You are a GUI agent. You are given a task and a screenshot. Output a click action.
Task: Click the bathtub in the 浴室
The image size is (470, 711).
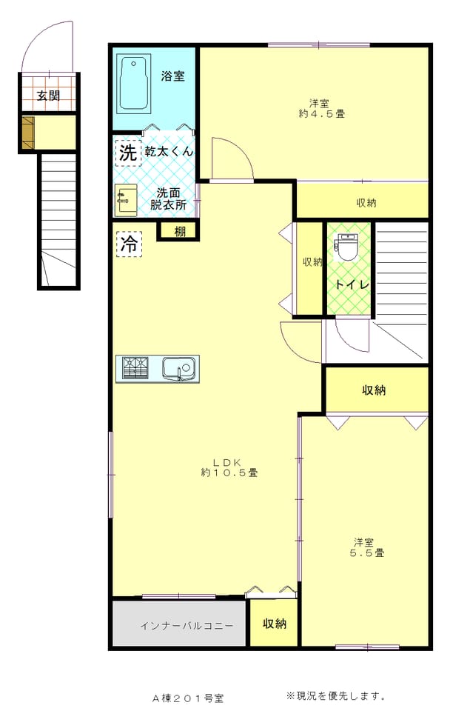point(134,84)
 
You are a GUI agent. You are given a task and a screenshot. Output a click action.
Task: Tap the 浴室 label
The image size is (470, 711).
point(172,76)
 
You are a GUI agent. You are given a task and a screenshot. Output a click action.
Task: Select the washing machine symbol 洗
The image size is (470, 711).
point(128,153)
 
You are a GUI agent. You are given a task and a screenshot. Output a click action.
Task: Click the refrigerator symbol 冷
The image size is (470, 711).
point(130,244)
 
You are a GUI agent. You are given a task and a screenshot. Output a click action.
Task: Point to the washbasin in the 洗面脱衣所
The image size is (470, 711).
point(126,199)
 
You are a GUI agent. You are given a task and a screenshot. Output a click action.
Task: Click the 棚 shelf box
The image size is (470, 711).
point(178,232)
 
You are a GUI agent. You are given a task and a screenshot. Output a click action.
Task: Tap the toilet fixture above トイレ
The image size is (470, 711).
point(346,247)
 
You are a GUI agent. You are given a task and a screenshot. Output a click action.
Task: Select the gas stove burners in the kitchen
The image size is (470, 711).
point(135,368)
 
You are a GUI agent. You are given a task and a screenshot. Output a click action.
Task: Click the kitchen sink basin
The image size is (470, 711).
point(179,368)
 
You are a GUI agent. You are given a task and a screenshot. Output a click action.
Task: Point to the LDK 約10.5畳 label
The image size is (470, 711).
point(229,467)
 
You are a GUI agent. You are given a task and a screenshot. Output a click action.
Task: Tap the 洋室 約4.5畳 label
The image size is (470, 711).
point(321,109)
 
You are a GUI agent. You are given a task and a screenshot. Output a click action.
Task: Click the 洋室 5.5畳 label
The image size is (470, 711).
point(366,547)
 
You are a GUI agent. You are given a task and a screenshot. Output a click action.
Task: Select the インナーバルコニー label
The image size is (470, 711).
point(187,627)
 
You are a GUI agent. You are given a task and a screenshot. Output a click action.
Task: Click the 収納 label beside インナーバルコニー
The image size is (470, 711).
point(275,624)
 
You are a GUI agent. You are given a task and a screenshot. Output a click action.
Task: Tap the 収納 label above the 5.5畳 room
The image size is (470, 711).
point(374,390)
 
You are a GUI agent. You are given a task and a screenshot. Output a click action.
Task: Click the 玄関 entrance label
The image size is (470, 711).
point(49,96)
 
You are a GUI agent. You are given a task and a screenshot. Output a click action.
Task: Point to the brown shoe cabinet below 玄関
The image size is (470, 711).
point(28,133)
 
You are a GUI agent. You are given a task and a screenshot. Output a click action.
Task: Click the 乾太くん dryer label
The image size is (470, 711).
point(169,151)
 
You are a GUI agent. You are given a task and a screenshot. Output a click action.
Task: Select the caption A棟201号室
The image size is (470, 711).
point(188,698)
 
